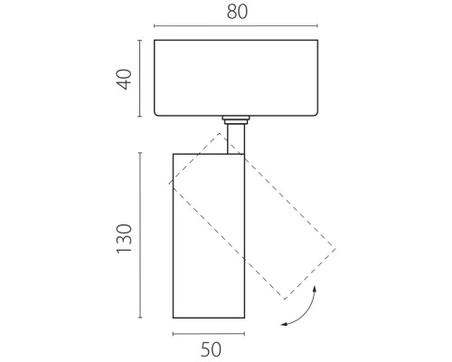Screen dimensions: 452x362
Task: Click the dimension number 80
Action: tap(237, 12)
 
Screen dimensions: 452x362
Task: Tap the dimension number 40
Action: tap(125, 80)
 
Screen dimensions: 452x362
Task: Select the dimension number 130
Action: tap(125, 239)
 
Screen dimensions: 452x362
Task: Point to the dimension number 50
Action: tap(211, 349)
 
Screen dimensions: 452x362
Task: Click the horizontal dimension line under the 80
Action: tap(236, 26)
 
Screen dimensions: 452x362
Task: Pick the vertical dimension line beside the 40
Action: tap(139, 78)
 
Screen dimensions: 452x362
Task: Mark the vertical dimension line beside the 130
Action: tap(140, 235)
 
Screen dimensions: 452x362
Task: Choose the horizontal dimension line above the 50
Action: tap(209, 334)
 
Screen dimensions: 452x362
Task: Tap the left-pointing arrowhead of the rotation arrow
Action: tap(284, 325)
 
